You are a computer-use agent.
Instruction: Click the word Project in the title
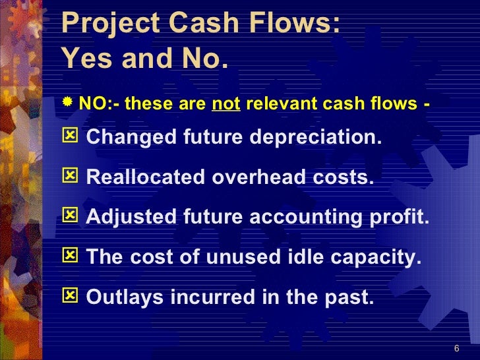pyautogui.click(x=104, y=26)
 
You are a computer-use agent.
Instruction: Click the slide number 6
pyautogui.click(x=457, y=348)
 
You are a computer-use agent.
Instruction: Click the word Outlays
pyautogui.click(x=125, y=299)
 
